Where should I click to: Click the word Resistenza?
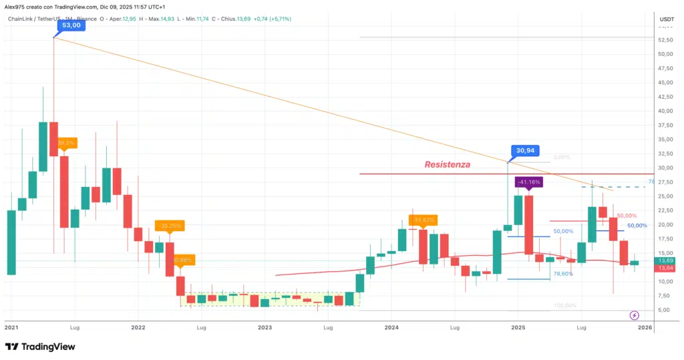pyautogui.click(x=448, y=164)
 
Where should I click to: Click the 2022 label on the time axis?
pyautogui.click(x=138, y=328)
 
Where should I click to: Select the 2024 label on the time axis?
pyautogui.click(x=391, y=328)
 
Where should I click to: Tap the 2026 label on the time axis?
pyautogui.click(x=645, y=328)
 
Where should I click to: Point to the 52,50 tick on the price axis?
pyautogui.click(x=665, y=39)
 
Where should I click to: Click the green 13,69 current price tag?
pyautogui.click(x=666, y=260)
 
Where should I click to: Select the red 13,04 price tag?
pyautogui.click(x=666, y=268)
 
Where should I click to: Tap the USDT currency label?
pyautogui.click(x=667, y=20)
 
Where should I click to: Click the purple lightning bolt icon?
pyautogui.click(x=634, y=315)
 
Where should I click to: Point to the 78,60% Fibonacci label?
pyautogui.click(x=563, y=274)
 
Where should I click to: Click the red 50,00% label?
pyautogui.click(x=626, y=216)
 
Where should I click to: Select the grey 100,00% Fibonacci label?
pyautogui.click(x=565, y=305)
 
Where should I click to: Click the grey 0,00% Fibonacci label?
pyautogui.click(x=562, y=157)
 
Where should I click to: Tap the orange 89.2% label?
pyautogui.click(x=66, y=142)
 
